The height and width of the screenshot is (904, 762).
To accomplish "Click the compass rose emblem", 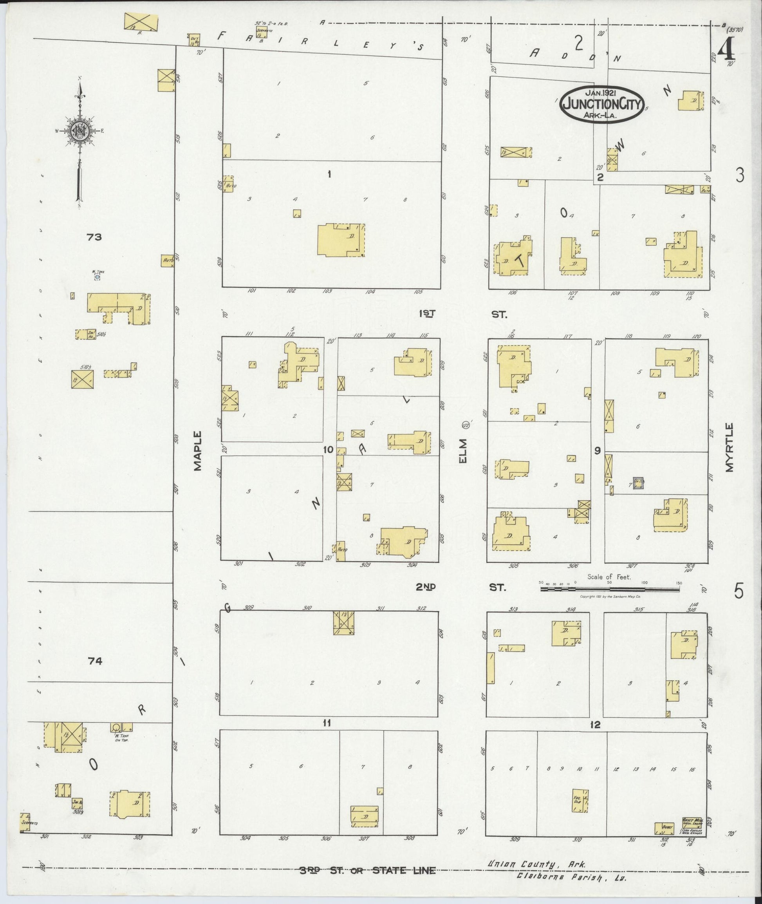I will tap(80, 130).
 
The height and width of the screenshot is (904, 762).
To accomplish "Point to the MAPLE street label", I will tap(197, 450).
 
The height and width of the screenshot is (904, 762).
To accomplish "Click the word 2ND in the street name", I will tap(426, 587).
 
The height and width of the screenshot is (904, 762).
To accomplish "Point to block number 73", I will tap(94, 237).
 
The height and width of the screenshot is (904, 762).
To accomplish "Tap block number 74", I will tap(95, 661).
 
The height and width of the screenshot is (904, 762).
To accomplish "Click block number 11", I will tap(327, 723).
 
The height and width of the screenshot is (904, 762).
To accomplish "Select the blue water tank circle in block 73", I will tap(97, 277).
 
